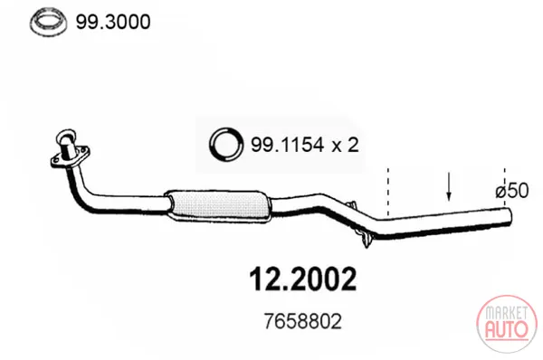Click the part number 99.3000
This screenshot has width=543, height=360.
coord(113,22)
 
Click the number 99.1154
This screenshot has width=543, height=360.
coord(288,145)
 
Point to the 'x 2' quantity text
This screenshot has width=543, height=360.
coord(345,145)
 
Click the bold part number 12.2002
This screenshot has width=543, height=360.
coord(302,279)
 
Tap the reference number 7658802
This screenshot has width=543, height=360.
coord(302,321)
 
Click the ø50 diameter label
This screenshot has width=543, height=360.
coord(512,191)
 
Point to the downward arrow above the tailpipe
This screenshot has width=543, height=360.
coord(449,186)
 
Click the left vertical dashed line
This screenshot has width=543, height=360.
coord(388,192)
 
